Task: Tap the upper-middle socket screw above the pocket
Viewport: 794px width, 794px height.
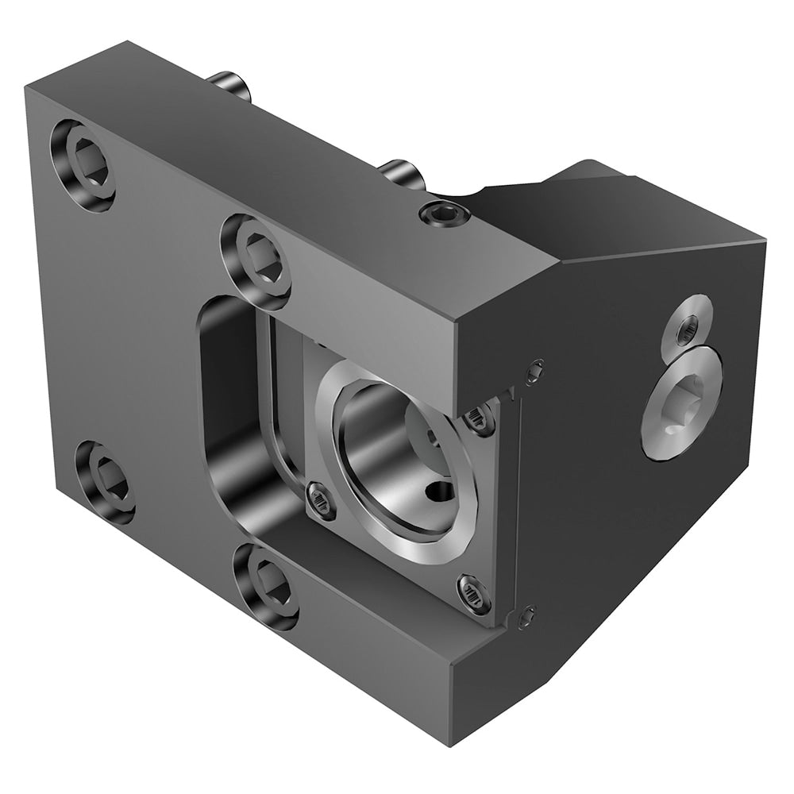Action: click(256, 261)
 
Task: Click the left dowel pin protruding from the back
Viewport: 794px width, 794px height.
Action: click(231, 87)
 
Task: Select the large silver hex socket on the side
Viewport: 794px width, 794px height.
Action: click(680, 403)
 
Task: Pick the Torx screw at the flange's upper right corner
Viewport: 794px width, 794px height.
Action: click(480, 418)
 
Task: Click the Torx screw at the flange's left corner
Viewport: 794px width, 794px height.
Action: click(322, 500)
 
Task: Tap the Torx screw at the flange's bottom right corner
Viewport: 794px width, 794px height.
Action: click(473, 594)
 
